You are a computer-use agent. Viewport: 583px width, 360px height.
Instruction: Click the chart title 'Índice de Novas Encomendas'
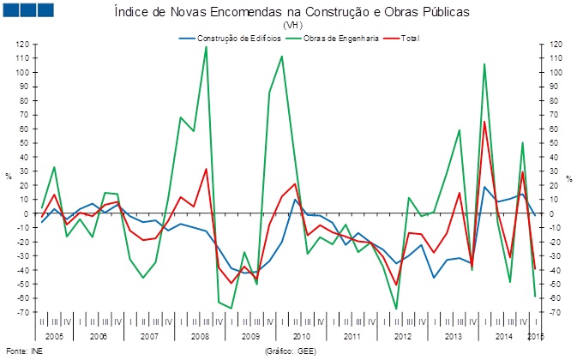[292, 13]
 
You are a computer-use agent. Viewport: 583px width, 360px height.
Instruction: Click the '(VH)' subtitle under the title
[292, 26]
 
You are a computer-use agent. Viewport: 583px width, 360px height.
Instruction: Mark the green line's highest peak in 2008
[206, 46]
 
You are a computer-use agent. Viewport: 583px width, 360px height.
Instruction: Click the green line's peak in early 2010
[282, 57]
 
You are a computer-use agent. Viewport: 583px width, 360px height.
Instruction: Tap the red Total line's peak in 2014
[484, 122]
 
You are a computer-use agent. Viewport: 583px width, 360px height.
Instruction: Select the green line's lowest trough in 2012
[396, 309]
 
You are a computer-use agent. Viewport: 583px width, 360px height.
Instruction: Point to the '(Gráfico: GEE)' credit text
[291, 351]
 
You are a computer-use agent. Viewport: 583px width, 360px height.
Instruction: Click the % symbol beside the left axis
[8, 177]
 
